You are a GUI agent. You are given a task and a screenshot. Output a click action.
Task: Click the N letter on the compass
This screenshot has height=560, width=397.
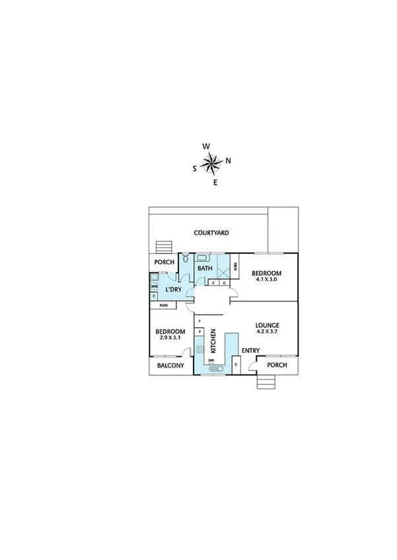[x=229, y=160]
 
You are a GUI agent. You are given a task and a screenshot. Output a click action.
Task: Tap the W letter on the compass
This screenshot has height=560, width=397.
[x=206, y=146]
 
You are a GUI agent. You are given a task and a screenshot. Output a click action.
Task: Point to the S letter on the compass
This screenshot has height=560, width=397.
[x=194, y=168]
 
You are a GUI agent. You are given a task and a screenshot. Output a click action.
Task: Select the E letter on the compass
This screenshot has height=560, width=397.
[x=215, y=182]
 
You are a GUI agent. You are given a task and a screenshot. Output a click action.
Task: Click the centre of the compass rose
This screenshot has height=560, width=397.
[x=211, y=162]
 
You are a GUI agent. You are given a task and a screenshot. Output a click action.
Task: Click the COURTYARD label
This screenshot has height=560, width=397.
[x=211, y=233]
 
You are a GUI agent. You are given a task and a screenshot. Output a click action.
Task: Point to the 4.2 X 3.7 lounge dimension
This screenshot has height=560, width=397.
[x=268, y=333]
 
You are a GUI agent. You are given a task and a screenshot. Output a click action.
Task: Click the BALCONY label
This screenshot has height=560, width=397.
[x=170, y=366]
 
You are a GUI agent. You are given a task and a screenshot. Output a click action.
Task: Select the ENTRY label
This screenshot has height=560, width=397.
[x=251, y=350]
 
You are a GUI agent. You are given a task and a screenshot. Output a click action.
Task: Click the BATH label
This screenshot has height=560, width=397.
[x=205, y=268]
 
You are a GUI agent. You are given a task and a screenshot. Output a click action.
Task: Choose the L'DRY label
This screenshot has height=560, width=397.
[x=174, y=290]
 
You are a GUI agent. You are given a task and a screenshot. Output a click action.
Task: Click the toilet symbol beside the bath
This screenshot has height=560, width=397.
[x=186, y=260]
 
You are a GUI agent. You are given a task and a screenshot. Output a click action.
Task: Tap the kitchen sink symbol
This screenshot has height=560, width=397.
[x=215, y=370]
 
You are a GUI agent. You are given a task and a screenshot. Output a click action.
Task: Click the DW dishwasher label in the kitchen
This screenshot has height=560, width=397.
[x=211, y=360]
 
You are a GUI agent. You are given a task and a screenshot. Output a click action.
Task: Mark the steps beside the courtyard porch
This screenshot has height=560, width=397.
[x=162, y=247]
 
